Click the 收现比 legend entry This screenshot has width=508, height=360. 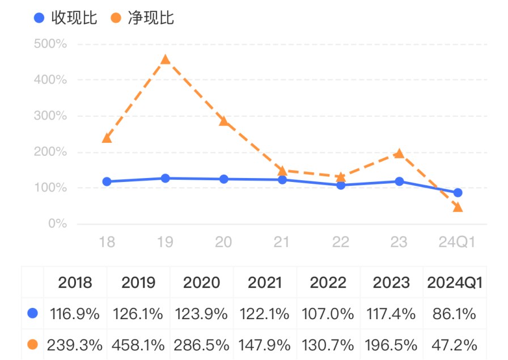point(65,18)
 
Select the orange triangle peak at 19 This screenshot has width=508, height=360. point(165,60)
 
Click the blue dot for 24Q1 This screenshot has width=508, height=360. point(458,193)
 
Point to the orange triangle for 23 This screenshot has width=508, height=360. point(399,153)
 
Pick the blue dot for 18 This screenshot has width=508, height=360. point(107,181)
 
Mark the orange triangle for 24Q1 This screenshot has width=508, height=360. point(458,207)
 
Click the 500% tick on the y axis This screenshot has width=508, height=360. point(50,44)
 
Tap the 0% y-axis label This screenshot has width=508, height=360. point(57,224)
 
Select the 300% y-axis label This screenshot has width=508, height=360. point(50,116)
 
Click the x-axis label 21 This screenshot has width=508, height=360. point(282,242)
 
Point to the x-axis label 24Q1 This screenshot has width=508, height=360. point(457,242)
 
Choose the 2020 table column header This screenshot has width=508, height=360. point(201,283)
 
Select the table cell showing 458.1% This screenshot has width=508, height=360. point(138,344)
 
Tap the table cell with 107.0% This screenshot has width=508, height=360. point(327,313)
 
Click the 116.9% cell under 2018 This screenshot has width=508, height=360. point(75,313)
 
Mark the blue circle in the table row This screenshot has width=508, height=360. point(32,313)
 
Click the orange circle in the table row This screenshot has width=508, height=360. point(32,344)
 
